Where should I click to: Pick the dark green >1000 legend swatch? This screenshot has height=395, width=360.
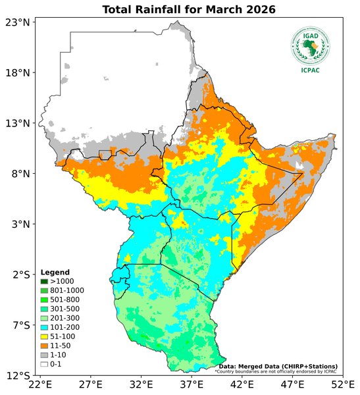pos(45,281)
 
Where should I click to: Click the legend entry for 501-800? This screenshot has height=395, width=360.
pos(60,300)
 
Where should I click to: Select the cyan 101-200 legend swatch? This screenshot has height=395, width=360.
pos(45,327)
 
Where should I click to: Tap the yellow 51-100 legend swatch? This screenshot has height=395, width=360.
pos(45,336)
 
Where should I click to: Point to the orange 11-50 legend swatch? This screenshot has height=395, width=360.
pos(45,346)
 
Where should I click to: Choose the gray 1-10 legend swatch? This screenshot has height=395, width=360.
pos(45,355)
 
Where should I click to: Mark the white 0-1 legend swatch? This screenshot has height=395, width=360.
pos(45,364)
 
